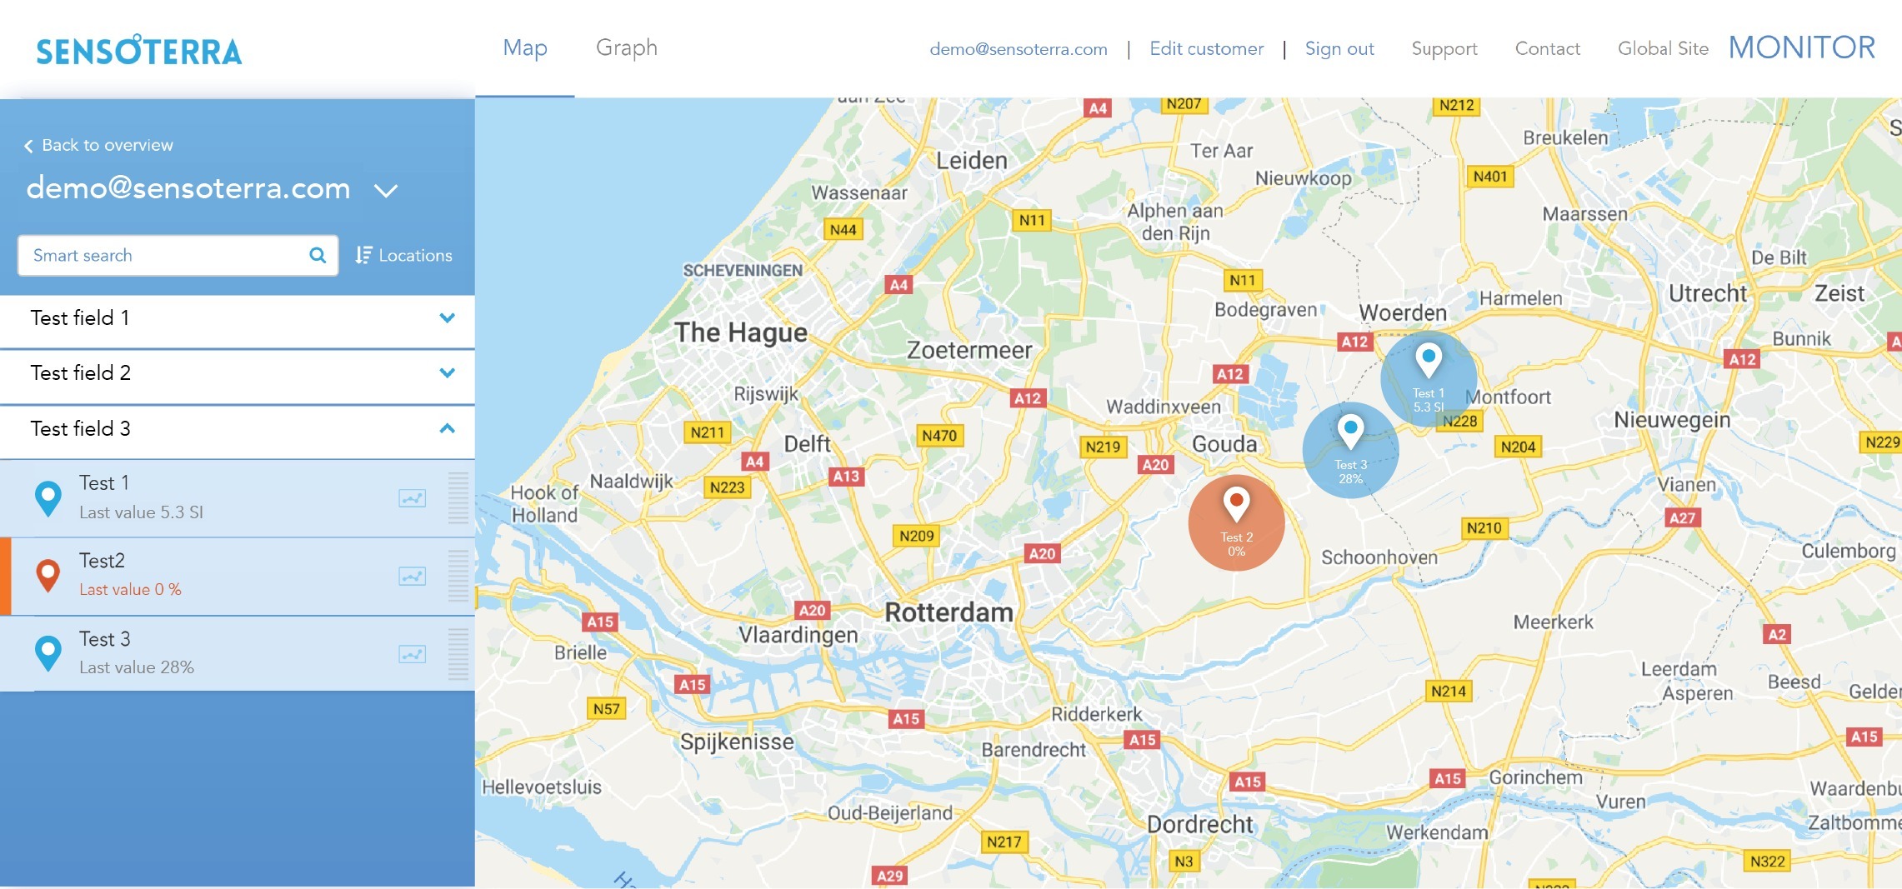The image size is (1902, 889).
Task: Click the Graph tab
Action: pos(626,48)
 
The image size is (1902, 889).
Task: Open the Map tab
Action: pos(525,48)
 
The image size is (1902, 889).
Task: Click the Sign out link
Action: pos(1339,49)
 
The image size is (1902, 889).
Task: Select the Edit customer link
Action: pos(1206,49)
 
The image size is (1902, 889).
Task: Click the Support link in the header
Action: pos(1444,49)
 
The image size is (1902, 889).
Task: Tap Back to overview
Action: pos(99,145)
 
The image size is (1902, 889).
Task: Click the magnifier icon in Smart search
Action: pos(318,255)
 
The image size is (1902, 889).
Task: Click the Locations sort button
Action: pos(404,255)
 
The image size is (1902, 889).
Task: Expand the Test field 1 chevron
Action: pos(447,318)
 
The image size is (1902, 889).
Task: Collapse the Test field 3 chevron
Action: pos(447,428)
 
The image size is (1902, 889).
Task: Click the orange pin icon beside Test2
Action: pos(48,575)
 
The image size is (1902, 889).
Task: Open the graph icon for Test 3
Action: pos(412,654)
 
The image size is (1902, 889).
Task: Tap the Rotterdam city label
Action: pos(948,612)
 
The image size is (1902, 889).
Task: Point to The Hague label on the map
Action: pos(740,332)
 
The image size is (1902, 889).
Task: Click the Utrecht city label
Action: pos(1707,293)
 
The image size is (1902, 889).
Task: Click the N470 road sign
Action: pos(938,436)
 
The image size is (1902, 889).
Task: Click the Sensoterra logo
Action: pos(139,51)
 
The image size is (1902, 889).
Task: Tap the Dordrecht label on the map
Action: pos(1199,824)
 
